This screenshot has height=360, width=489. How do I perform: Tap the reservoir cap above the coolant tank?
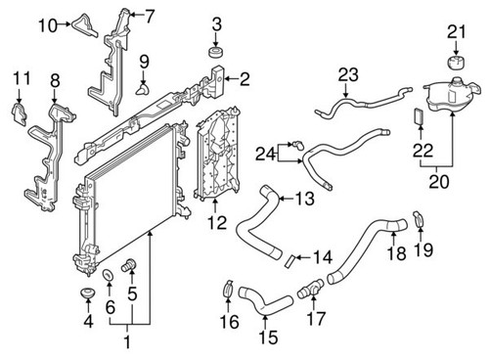[x=455, y=64]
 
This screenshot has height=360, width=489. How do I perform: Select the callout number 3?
[x=217, y=23]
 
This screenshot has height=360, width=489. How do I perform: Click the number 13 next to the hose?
[x=304, y=200]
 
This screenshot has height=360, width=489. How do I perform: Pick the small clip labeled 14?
[x=291, y=260]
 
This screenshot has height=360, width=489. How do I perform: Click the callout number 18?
[x=395, y=254]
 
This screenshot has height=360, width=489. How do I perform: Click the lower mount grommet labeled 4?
[x=83, y=295]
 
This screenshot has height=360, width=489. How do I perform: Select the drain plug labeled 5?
[x=126, y=265]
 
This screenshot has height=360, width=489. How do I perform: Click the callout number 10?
[x=48, y=25]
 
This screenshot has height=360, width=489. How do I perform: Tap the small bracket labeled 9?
[x=145, y=89]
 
